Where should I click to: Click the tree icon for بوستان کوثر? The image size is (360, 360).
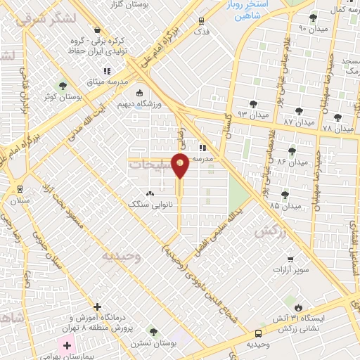(x=63, y=86)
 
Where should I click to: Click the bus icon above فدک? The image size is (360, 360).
(x=202, y=21)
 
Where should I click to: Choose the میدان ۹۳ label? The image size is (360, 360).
(x=252, y=113)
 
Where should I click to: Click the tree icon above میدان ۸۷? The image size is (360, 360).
(x=299, y=111)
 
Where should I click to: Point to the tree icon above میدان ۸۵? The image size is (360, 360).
(x=285, y=195)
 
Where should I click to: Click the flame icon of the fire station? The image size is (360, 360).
(x=300, y=307)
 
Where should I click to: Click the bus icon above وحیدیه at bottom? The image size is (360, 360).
(x=259, y=333)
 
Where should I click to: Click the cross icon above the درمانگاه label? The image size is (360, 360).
(x=97, y=307)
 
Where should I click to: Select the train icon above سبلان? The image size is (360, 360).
(x=19, y=188)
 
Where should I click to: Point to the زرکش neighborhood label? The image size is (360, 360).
(x=270, y=232)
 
